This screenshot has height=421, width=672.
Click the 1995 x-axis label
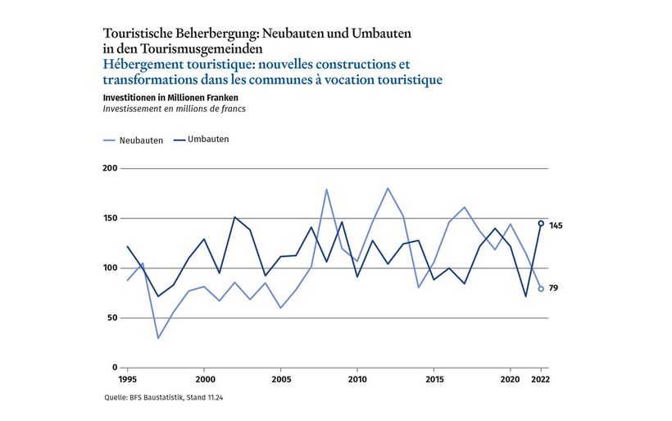127,381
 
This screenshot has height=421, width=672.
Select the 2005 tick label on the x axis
280,381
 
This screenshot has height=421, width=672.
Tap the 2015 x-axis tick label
434,381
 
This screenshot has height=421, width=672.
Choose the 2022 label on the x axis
540,381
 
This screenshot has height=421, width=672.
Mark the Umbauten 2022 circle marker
541,223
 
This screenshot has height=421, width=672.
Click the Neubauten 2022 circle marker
541,289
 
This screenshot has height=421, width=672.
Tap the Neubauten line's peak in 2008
326,190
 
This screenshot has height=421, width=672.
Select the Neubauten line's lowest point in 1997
157,338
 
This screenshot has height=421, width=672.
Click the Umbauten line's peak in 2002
234,217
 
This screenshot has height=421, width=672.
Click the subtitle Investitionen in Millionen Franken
170,97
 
